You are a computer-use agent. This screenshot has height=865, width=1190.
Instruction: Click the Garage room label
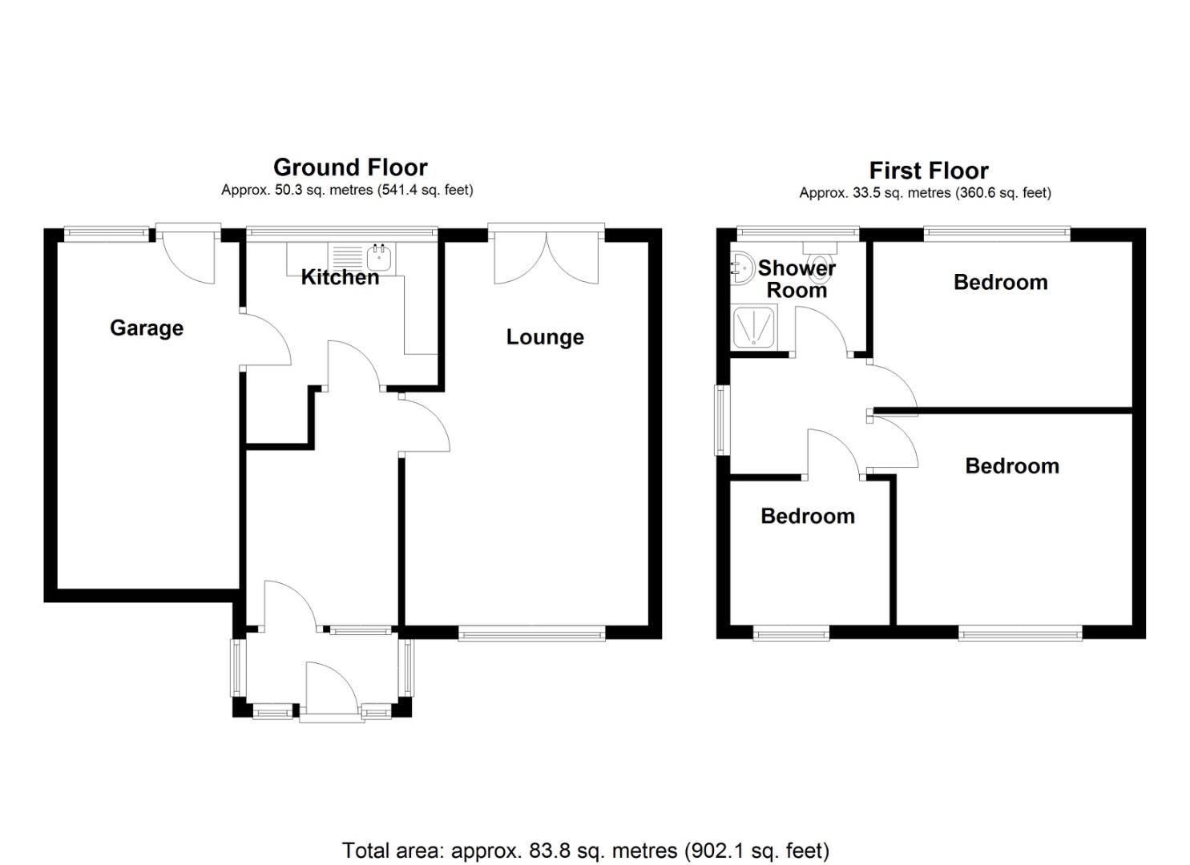pyautogui.click(x=147, y=328)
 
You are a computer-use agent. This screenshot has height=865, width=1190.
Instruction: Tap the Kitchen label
pyautogui.click(x=340, y=277)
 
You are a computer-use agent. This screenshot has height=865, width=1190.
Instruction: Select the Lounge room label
pyautogui.click(x=545, y=336)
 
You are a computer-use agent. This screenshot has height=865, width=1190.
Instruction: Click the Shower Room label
pyautogui.click(x=797, y=279)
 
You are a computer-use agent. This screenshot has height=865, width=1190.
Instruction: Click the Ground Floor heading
pyautogui.click(x=350, y=167)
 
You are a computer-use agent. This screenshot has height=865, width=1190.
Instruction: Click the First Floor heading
pyautogui.click(x=929, y=171)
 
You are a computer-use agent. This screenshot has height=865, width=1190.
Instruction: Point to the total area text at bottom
pyautogui.click(x=586, y=850)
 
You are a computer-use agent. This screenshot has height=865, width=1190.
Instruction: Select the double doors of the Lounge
pyautogui.click(x=547, y=258)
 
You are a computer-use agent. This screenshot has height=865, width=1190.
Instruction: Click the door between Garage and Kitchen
pyautogui.click(x=266, y=338)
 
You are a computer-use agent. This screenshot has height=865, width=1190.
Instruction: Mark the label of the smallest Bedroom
pyautogui.click(x=808, y=516)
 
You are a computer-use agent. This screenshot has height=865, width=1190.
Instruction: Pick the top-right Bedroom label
pyautogui.click(x=1000, y=282)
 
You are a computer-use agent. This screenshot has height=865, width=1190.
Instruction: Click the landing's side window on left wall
pyautogui.click(x=723, y=420)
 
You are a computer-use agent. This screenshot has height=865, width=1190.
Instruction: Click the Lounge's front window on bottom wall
pyautogui.click(x=532, y=634)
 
